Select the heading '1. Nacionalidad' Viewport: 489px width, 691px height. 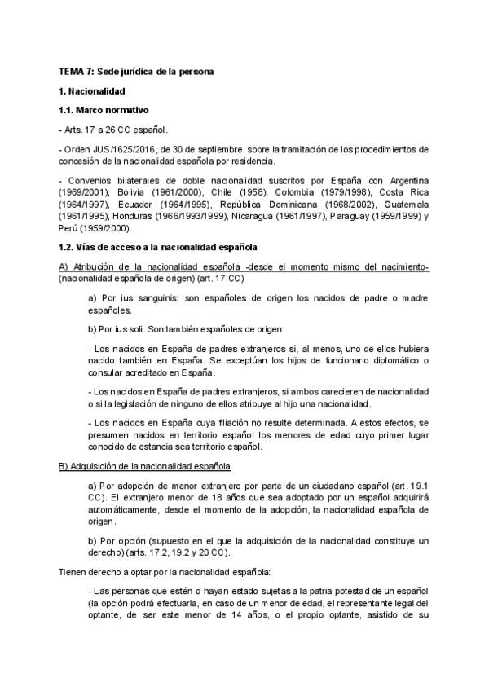tap(92, 91)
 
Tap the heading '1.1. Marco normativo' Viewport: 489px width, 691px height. tap(104, 110)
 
